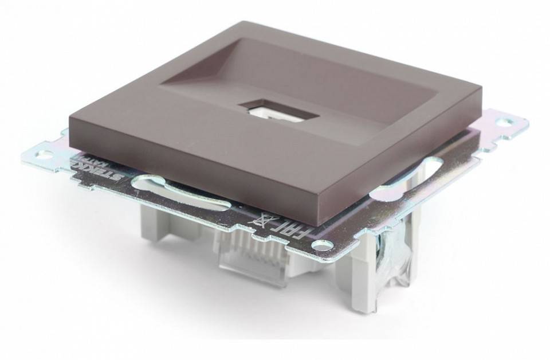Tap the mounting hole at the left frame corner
pos(44,153)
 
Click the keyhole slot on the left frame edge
pos(151,185)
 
